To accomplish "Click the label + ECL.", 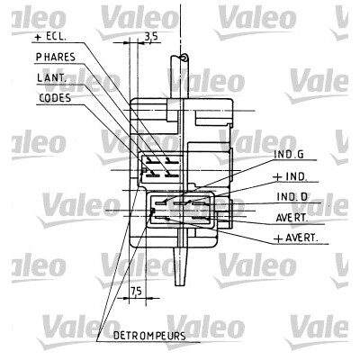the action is coord(50,37).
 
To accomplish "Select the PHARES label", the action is coord(56,57).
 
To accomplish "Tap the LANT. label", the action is coord(51,77).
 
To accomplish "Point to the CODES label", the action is coord(55,98).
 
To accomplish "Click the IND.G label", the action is coord(289,155).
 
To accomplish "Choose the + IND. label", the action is coord(290,176).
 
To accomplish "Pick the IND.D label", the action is coord(292,197).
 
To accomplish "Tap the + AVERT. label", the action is coord(295,238).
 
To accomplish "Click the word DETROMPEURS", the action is coord(149,336).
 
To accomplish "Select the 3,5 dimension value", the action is coord(151,37).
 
